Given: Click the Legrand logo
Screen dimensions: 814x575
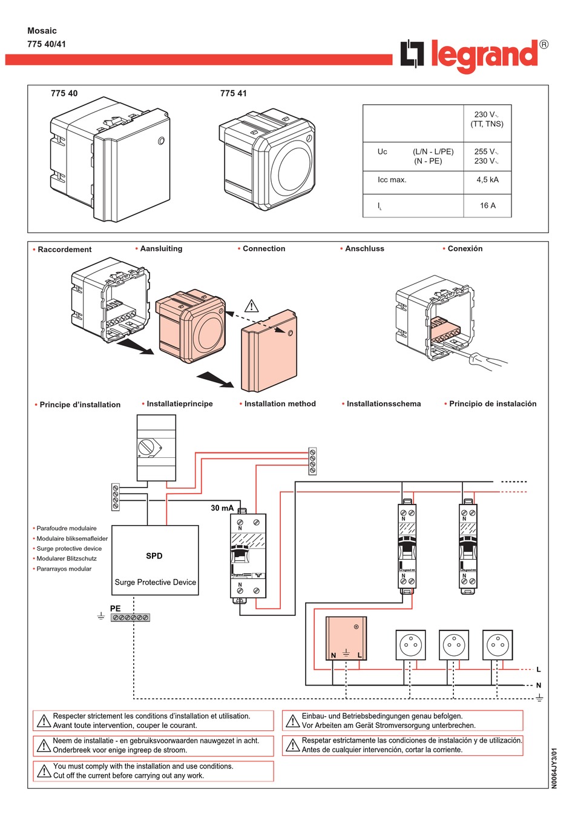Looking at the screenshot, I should (474, 55).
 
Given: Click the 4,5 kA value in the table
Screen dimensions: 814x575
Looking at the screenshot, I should (487, 180).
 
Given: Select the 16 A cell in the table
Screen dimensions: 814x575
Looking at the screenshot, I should (487, 206).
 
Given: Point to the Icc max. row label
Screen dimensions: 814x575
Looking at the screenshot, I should (392, 180).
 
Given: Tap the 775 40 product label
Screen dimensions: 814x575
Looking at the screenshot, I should (64, 93).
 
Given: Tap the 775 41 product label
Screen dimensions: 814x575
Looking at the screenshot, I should (234, 93).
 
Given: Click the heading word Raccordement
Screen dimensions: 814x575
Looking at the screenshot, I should (64, 250).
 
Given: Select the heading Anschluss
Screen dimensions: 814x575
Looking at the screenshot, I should (364, 249).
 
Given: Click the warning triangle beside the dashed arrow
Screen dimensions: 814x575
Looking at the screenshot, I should (251, 306).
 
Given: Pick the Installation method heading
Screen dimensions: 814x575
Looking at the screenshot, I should (280, 404).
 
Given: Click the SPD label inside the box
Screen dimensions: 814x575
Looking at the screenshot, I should (154, 556).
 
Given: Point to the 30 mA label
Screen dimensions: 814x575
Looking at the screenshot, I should (222, 508).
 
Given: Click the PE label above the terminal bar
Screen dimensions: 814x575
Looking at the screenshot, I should (116, 608).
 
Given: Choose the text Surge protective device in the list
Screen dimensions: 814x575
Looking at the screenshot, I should (69, 549).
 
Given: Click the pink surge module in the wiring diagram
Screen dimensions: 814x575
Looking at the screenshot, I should (346, 638).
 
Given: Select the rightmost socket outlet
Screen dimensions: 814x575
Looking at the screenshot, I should (498, 645).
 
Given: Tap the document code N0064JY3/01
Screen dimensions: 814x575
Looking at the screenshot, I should (554, 768).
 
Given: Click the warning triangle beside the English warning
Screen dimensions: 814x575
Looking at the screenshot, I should (44, 771).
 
